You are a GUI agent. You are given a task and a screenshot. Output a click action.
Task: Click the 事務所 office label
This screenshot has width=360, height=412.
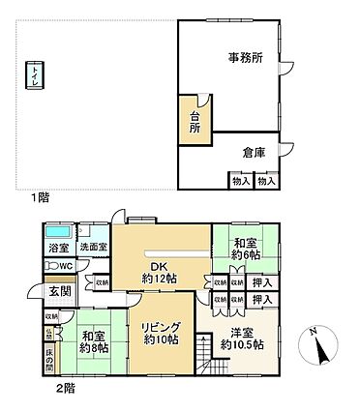pos(245,59)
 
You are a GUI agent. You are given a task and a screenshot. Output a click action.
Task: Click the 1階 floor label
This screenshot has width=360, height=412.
pos(39,197)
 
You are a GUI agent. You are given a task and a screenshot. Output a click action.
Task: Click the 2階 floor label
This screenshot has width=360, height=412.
pos(65,388)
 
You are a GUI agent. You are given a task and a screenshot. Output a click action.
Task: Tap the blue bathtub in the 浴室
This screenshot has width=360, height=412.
pos(58,233)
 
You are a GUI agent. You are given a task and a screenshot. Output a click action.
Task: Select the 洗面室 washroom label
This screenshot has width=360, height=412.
pos(93,249)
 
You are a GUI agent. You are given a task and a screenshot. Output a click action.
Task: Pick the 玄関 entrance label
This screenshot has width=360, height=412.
pos(59,291)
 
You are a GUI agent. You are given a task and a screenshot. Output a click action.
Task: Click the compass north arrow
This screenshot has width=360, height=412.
pos(321,340)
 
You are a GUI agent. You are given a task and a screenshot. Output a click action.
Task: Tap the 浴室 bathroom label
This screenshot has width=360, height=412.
pos(58,249)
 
